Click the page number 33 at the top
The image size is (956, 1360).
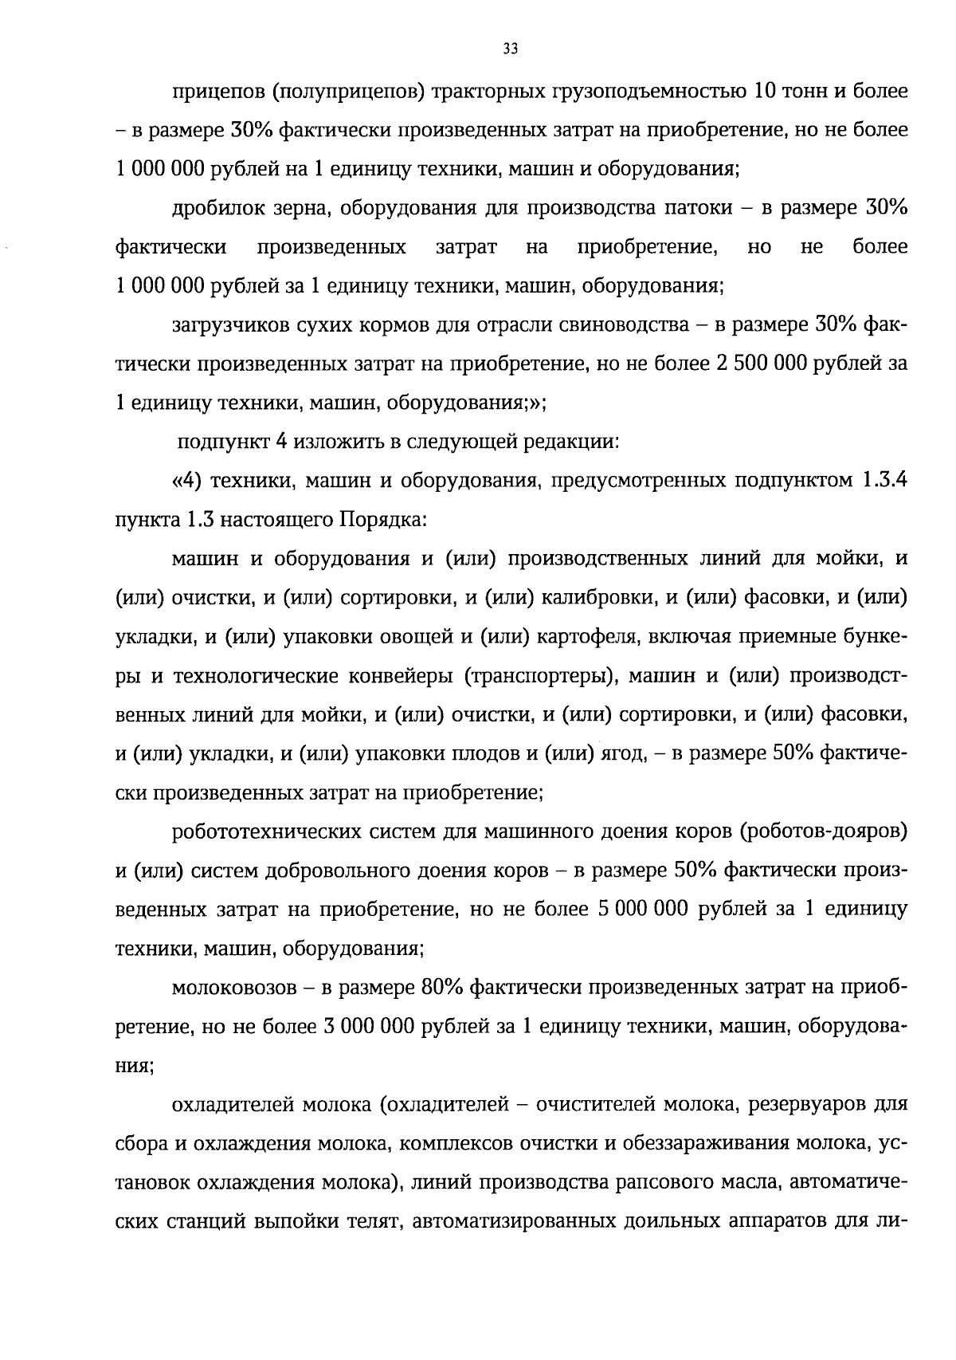[x=511, y=49]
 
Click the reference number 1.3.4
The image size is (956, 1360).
[x=884, y=481]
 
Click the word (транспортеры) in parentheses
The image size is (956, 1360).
[x=538, y=675]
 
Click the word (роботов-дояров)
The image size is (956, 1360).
[x=824, y=831]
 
